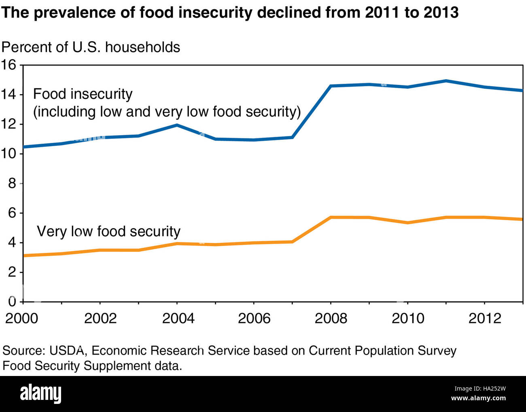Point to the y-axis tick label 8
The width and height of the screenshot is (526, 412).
(x=12, y=183)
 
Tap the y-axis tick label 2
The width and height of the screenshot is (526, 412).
(x=12, y=272)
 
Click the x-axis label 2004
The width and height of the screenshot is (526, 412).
(x=178, y=318)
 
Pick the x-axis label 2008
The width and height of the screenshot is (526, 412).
(x=331, y=318)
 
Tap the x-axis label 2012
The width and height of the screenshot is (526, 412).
(x=484, y=318)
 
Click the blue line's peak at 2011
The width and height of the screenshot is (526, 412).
(x=446, y=81)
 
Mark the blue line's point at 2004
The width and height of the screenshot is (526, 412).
(x=177, y=125)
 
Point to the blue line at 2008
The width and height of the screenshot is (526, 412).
(x=331, y=86)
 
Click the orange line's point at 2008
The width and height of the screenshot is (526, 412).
(x=331, y=217)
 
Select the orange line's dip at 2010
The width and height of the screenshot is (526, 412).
(x=407, y=223)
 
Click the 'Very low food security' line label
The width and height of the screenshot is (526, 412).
(x=108, y=231)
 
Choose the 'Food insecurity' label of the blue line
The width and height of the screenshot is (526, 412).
(x=83, y=94)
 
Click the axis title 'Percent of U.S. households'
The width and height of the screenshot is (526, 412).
(x=91, y=47)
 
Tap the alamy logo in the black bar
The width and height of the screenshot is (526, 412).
(x=40, y=393)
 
